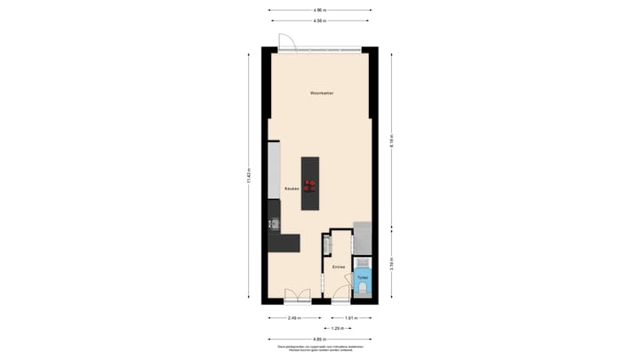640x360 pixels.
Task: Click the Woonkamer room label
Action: [x=322, y=92]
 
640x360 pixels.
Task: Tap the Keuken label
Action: [x=292, y=188]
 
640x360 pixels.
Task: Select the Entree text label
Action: [x=338, y=267]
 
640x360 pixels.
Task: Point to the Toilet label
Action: [x=363, y=277]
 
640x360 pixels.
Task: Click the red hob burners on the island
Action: [x=309, y=185]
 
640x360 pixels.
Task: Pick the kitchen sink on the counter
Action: [x=274, y=224]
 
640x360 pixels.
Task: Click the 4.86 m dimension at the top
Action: [x=319, y=10]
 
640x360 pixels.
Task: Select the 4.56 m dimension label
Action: [x=319, y=20]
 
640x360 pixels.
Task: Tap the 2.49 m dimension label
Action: [x=293, y=317]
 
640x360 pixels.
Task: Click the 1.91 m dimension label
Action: [x=350, y=317]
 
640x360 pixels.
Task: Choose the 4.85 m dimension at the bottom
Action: [x=319, y=339]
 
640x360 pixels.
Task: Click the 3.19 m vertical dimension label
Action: [x=390, y=263]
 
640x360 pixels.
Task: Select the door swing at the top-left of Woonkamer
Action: [x=285, y=40]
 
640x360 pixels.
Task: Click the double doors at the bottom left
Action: [x=296, y=296]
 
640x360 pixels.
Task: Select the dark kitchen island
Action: [x=309, y=183]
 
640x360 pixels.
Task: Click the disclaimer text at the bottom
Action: [x=319, y=348]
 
